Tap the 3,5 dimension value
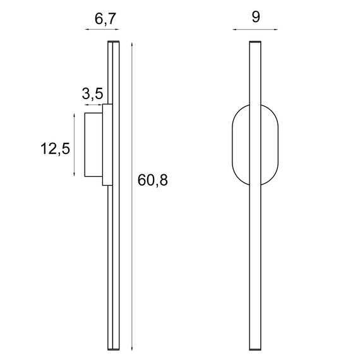(x=92, y=95)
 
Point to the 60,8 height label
(x=152, y=181)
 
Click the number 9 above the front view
(x=255, y=18)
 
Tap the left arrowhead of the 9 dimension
(x=233, y=30)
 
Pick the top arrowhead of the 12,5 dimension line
(x=75, y=116)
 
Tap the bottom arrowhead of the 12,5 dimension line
(x=75, y=176)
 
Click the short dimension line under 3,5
(x=94, y=105)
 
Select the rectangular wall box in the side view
(x=94, y=145)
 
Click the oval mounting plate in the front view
(x=241, y=145)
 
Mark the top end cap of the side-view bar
(x=113, y=43)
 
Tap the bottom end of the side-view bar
(x=113, y=349)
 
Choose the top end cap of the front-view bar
(x=255, y=42)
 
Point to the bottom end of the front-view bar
(x=255, y=349)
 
